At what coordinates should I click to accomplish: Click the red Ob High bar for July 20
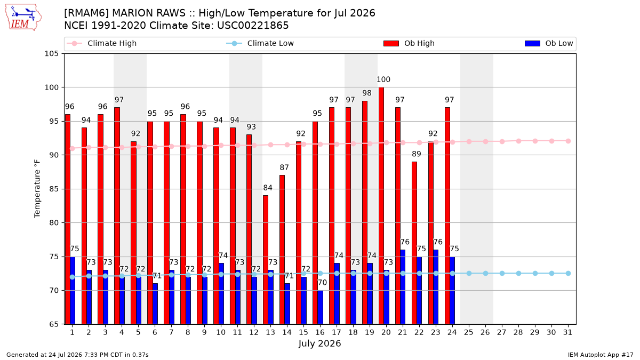(381, 206)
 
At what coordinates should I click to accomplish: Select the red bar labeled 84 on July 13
(266, 260)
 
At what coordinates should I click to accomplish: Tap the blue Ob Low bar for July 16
(321, 307)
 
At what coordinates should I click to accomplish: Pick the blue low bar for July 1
(73, 291)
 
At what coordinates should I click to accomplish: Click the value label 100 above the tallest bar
(383, 79)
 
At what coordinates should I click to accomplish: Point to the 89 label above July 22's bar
(417, 154)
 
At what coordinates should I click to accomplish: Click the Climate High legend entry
(101, 43)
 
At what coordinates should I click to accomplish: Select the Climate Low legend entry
(260, 43)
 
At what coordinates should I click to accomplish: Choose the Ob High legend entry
(409, 43)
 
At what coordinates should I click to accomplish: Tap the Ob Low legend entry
(549, 43)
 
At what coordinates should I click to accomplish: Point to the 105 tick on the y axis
(51, 54)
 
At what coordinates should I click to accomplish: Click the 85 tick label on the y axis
(54, 189)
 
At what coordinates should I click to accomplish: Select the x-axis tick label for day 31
(567, 333)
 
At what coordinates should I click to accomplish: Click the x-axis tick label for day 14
(287, 333)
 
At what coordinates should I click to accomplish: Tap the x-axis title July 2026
(319, 343)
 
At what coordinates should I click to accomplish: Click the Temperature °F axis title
(37, 189)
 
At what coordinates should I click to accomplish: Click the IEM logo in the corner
(23, 18)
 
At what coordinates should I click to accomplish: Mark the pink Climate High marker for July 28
(518, 141)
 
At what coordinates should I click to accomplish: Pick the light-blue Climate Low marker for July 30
(551, 274)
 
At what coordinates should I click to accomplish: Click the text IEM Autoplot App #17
(601, 355)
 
